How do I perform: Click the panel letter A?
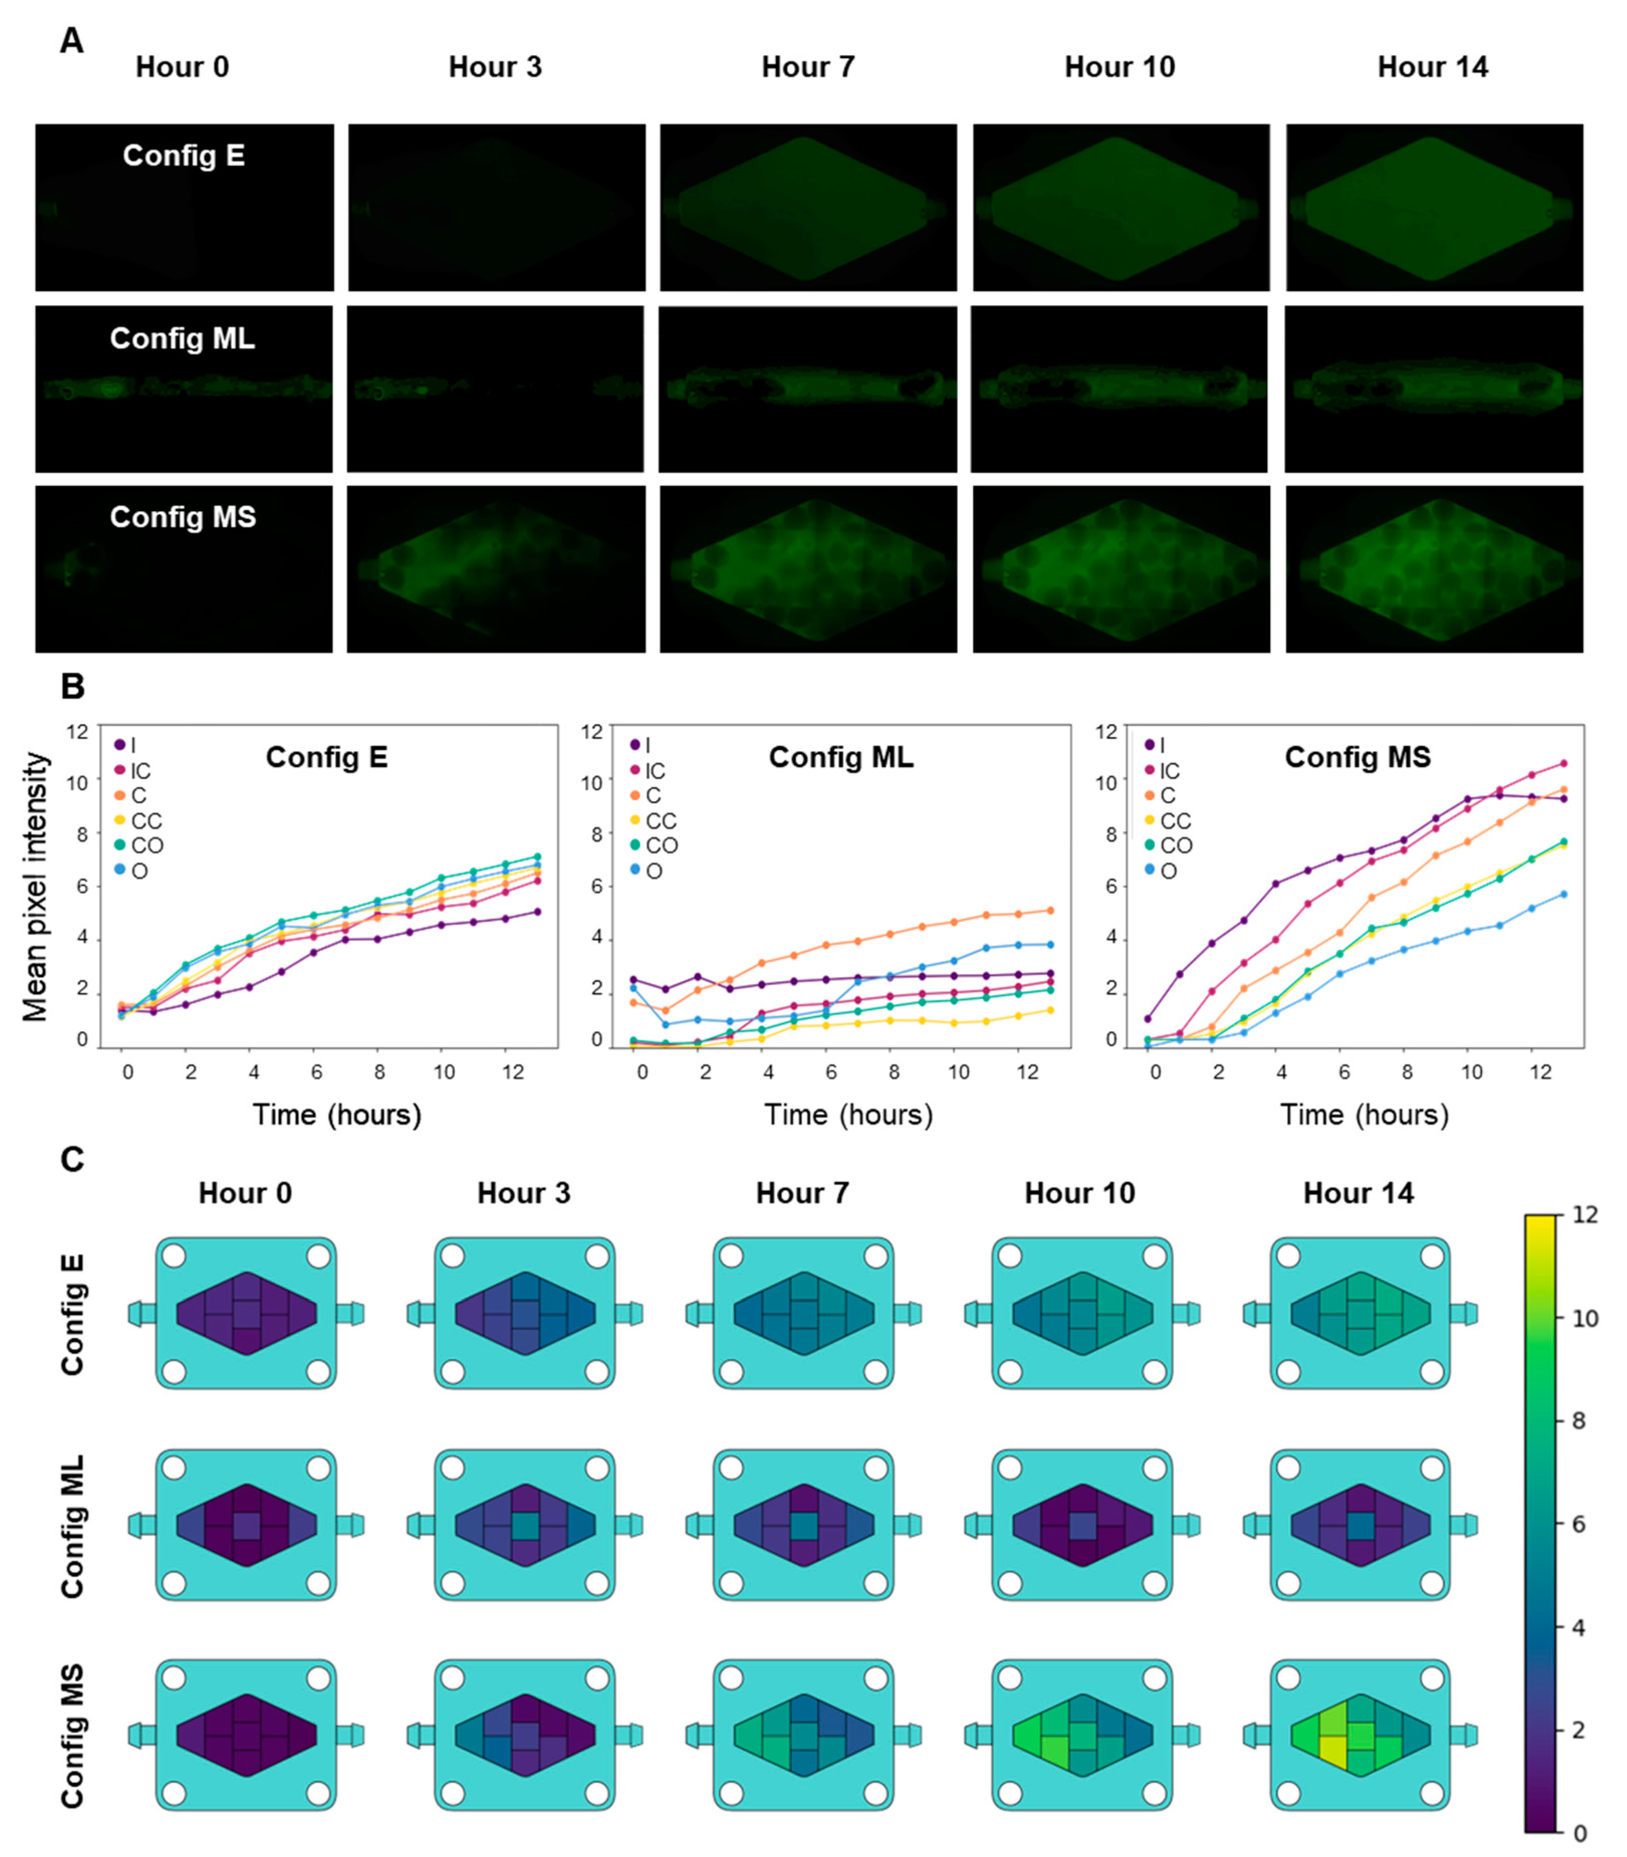pyautogui.click(x=71, y=41)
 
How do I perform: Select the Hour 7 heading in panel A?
pyautogui.click(x=807, y=67)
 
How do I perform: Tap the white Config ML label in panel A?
pyautogui.click(x=183, y=339)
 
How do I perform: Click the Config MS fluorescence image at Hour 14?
pyautogui.click(x=1434, y=569)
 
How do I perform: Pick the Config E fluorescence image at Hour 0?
pyautogui.click(x=184, y=208)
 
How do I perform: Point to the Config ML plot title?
pyautogui.click(x=841, y=758)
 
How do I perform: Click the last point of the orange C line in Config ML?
pyautogui.click(x=1051, y=910)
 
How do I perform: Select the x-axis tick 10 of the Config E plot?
pyautogui.click(x=443, y=1072)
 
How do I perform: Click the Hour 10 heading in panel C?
pyautogui.click(x=1079, y=1193)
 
